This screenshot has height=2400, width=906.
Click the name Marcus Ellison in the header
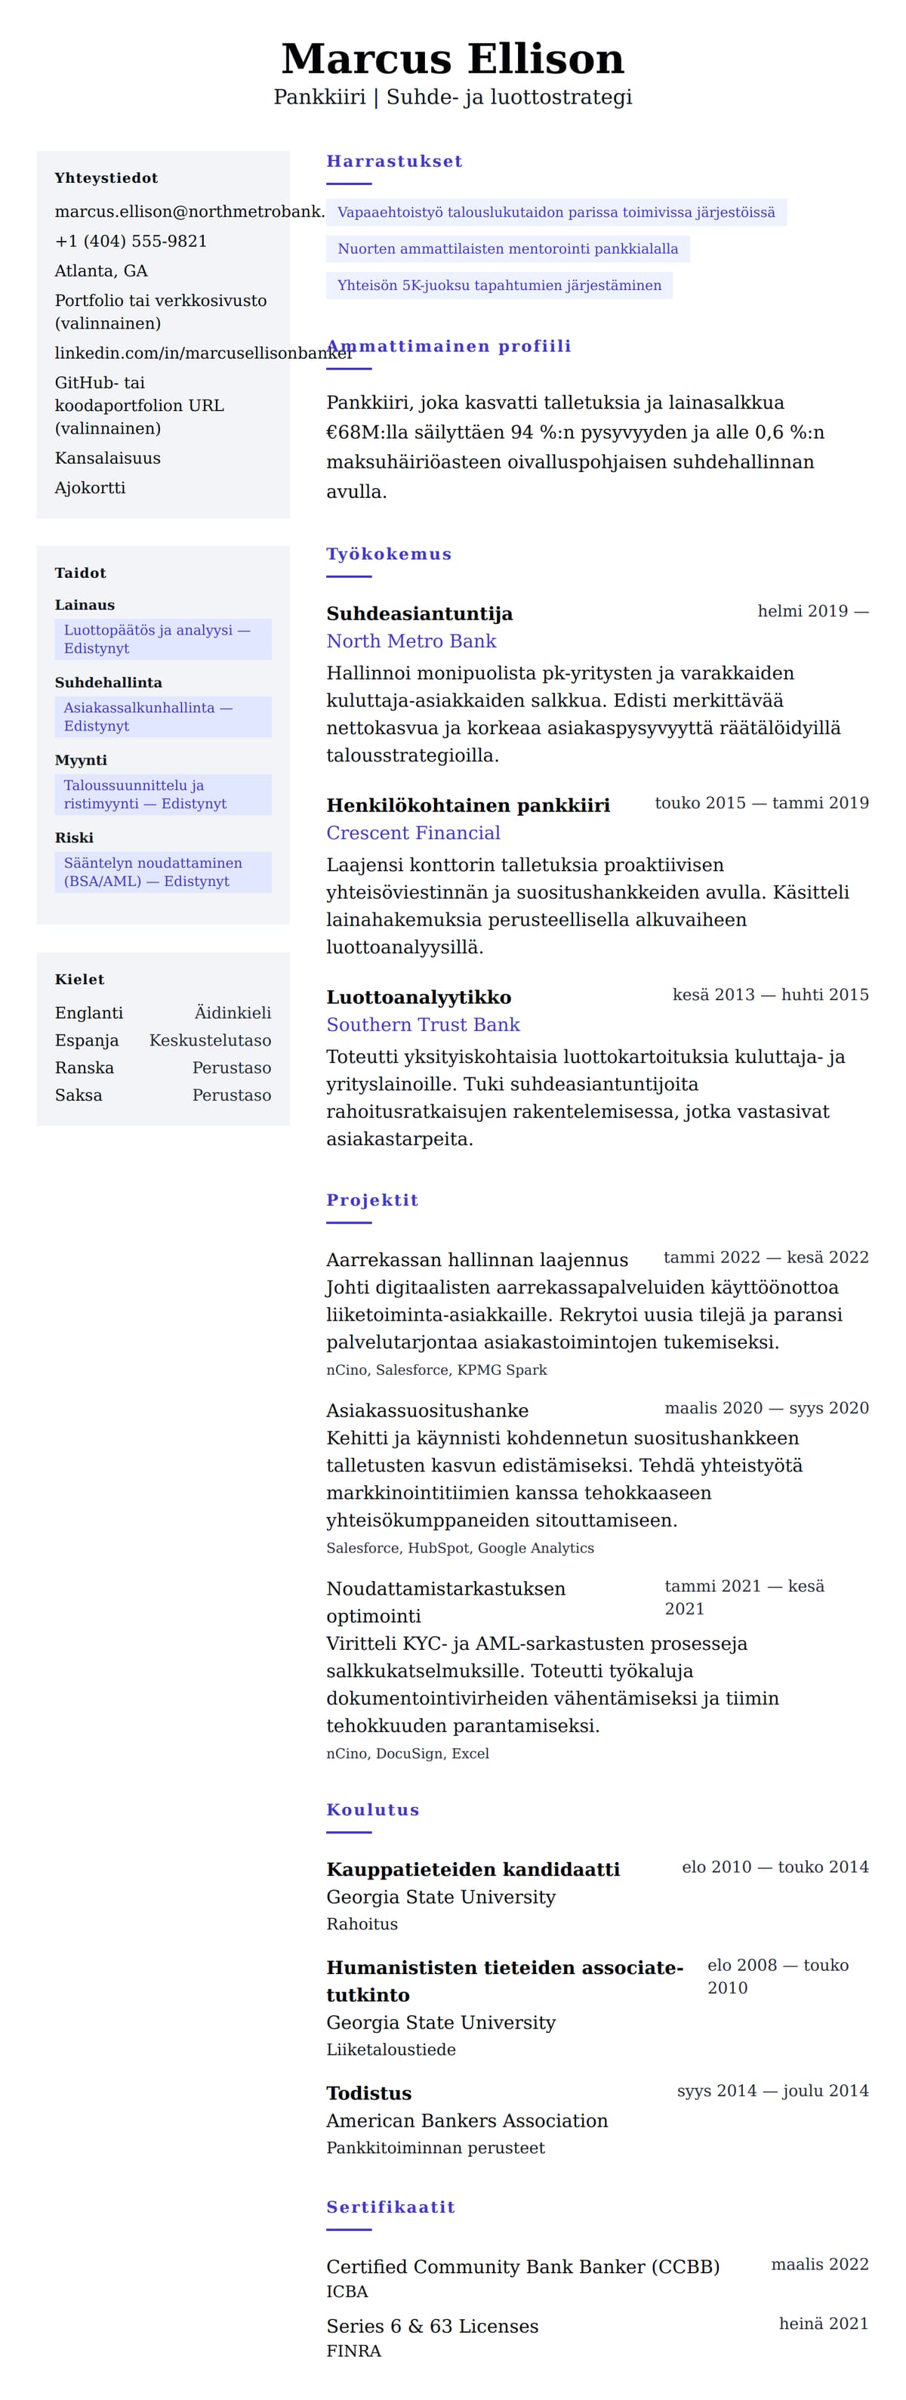click(x=452, y=59)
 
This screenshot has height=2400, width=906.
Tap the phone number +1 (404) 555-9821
click(x=131, y=241)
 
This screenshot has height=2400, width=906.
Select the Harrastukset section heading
click(x=394, y=161)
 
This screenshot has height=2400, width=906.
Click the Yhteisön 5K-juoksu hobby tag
click(x=499, y=285)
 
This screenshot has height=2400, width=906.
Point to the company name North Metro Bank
click(x=411, y=641)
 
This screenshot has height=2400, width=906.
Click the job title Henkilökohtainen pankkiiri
click(x=467, y=805)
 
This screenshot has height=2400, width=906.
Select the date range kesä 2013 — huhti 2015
click(x=770, y=994)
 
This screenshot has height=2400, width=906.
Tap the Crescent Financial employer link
click(x=412, y=833)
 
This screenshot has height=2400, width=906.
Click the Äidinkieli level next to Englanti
click(x=233, y=1013)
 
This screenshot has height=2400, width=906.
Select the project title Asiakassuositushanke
click(x=427, y=1410)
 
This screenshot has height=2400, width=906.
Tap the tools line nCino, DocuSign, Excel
click(x=407, y=1753)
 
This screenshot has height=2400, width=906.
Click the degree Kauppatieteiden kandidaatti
click(x=472, y=1869)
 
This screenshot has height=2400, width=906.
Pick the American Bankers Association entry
click(x=467, y=2120)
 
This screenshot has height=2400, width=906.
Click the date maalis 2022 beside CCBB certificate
click(x=819, y=2264)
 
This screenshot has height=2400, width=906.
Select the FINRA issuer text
click(x=353, y=2351)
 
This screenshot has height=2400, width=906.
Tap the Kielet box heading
click(x=79, y=979)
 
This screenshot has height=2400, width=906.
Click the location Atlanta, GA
click(x=100, y=271)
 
